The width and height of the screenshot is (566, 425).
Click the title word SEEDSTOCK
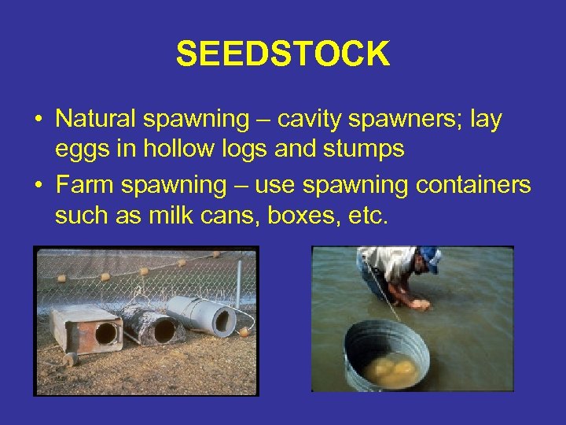[x=282, y=54]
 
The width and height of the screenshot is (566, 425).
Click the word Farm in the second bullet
[x=83, y=185]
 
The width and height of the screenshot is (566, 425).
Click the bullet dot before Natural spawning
[x=38, y=120]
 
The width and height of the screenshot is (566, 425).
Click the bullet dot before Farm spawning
[x=38, y=187]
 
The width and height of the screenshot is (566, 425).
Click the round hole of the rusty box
[x=105, y=333]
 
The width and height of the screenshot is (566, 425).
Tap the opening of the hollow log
[x=164, y=331]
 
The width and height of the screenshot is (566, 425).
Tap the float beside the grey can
[x=244, y=331]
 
